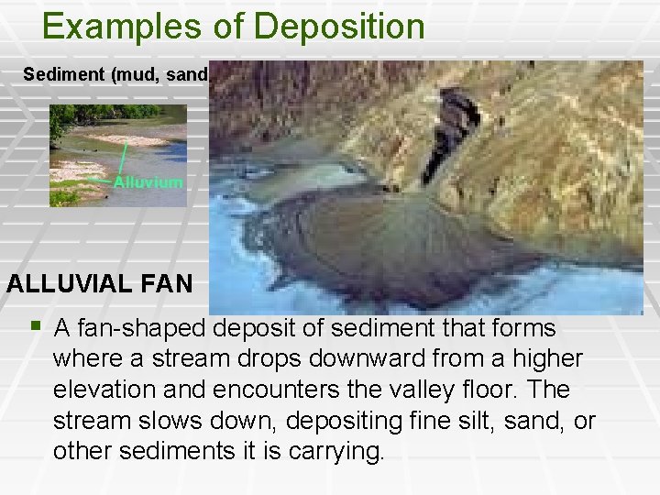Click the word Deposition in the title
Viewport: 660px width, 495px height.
[x=339, y=27]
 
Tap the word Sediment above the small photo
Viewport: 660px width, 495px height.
[x=63, y=74]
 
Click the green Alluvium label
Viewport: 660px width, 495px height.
[x=148, y=182]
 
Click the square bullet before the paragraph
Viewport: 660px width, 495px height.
[x=35, y=325]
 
